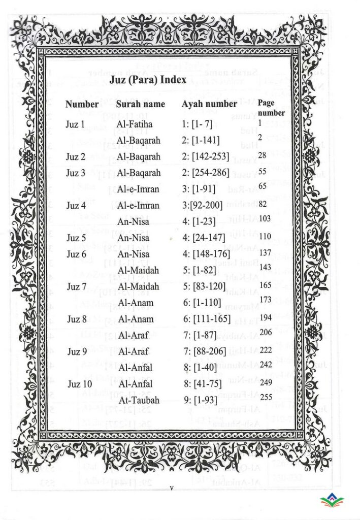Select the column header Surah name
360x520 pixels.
point(141,104)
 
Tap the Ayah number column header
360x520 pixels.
point(209,104)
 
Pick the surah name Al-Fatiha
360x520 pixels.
point(134,124)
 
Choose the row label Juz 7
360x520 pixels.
point(77,287)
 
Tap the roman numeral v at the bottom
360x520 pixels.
point(172,489)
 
